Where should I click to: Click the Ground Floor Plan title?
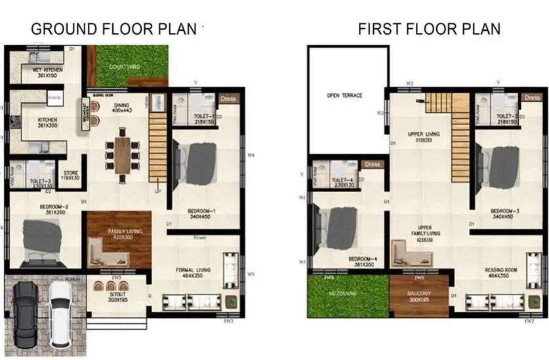114,29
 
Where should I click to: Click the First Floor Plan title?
429,29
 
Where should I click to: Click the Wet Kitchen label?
43,73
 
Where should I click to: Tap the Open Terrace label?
344,96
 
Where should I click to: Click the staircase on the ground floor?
157,144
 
